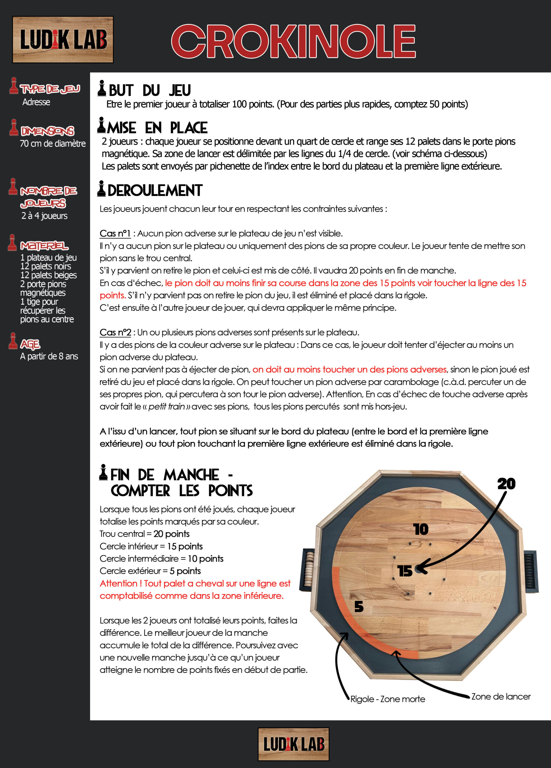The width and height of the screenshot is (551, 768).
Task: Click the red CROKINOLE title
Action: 293,42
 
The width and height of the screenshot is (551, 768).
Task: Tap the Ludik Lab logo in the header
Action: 63,40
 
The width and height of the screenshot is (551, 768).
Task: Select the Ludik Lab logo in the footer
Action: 293,744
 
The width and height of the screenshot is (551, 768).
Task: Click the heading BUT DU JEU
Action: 149,90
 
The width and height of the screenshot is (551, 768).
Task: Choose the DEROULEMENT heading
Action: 155,190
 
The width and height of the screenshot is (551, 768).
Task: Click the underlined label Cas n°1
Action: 115,233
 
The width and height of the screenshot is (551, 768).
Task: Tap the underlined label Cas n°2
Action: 115,332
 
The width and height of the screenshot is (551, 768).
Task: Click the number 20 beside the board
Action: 506,484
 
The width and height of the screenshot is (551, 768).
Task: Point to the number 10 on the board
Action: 421,529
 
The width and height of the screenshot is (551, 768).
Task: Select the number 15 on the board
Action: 405,571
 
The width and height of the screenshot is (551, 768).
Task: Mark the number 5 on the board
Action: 359,607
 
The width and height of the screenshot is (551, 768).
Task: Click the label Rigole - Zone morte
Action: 387,699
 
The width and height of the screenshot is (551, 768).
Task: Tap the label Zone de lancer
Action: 501,696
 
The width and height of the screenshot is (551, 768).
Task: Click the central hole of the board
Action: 419,570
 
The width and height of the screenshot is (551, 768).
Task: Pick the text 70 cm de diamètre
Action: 53,144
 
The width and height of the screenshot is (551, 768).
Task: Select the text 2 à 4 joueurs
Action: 44,216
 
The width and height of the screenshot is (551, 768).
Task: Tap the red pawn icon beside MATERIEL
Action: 13,242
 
